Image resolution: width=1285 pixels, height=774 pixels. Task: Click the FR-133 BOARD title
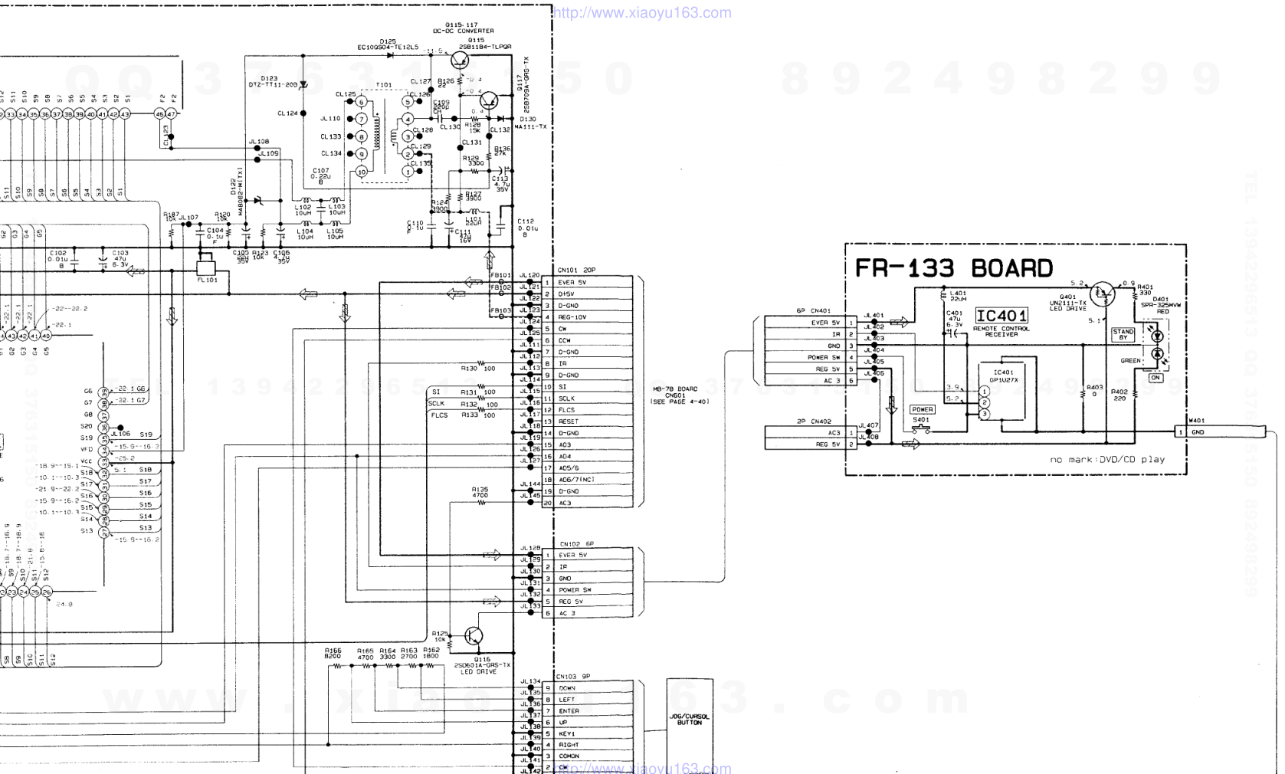pyautogui.click(x=953, y=268)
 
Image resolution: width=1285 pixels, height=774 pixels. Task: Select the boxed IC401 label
pyautogui.click(x=1001, y=316)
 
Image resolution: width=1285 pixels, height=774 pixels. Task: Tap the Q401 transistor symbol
pyautogui.click(x=1102, y=293)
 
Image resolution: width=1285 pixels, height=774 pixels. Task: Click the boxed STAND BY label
pyautogui.click(x=1123, y=334)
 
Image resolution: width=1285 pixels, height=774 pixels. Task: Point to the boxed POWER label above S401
pyautogui.click(x=922, y=409)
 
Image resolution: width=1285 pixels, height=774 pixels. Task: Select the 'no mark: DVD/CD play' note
pyautogui.click(x=1106, y=460)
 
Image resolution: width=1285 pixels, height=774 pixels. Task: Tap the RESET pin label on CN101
pyautogui.click(x=569, y=421)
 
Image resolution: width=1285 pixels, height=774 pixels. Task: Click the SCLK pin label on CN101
pyautogui.click(x=567, y=398)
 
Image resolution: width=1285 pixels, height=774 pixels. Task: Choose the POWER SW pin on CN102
pyautogui.click(x=575, y=590)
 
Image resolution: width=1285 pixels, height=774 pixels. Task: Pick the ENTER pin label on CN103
pyautogui.click(x=569, y=711)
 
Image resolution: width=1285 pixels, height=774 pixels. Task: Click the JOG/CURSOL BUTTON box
pyautogui.click(x=689, y=721)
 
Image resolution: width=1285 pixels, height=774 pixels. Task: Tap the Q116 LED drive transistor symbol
pyautogui.click(x=474, y=636)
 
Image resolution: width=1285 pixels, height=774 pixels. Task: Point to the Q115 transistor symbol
pyautogui.click(x=461, y=60)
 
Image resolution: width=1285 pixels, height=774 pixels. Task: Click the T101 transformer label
pyautogui.click(x=383, y=85)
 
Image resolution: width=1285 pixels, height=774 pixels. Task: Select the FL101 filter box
pyautogui.click(x=206, y=270)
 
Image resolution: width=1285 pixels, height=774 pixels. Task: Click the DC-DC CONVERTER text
pyautogui.click(x=464, y=31)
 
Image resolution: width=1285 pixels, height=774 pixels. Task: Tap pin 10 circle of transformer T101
pyautogui.click(x=362, y=172)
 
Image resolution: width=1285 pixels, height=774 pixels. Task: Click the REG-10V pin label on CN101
pyautogui.click(x=572, y=317)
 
